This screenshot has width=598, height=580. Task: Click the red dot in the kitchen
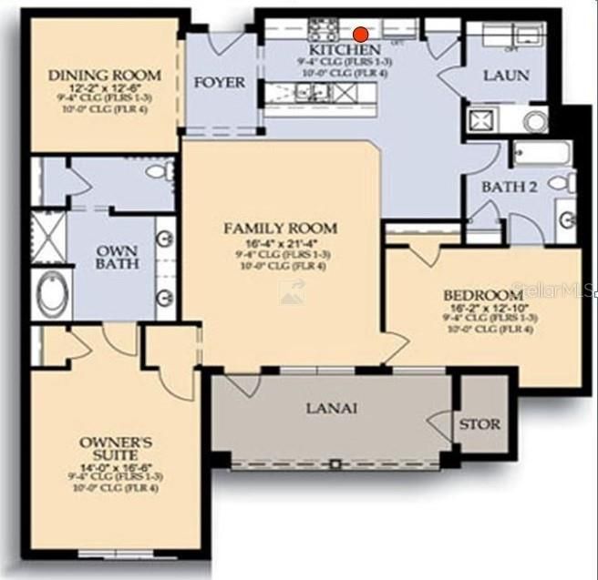[x=361, y=34]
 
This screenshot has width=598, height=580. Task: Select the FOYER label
[x=220, y=83]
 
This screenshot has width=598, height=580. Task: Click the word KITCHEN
[x=345, y=49]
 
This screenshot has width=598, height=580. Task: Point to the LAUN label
[x=505, y=76]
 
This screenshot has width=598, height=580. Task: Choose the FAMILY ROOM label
[x=280, y=228]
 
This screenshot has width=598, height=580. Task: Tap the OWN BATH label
[x=119, y=256]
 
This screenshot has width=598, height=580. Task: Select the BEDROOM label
[x=482, y=296]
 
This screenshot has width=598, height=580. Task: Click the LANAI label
[x=331, y=408]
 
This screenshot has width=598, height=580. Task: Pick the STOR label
[x=479, y=423]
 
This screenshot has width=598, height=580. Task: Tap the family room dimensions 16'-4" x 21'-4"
[x=280, y=242]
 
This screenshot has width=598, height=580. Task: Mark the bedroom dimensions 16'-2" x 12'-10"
[x=482, y=309]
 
